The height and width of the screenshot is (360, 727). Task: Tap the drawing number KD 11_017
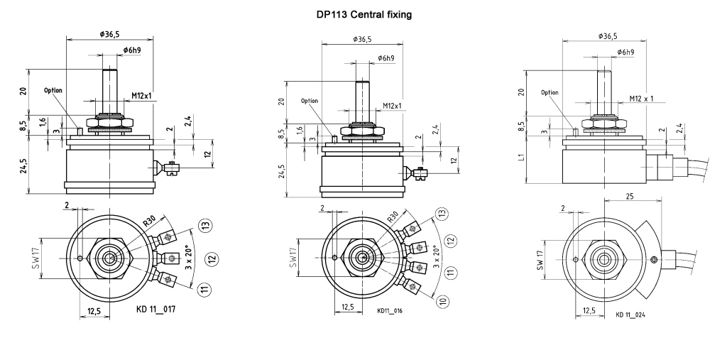155,309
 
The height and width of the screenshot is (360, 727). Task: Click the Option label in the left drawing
53,91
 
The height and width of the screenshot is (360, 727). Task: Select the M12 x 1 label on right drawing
642,99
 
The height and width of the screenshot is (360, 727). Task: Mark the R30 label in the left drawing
148,222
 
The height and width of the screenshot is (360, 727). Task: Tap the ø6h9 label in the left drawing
133,50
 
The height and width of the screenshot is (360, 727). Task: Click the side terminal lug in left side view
171,168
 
